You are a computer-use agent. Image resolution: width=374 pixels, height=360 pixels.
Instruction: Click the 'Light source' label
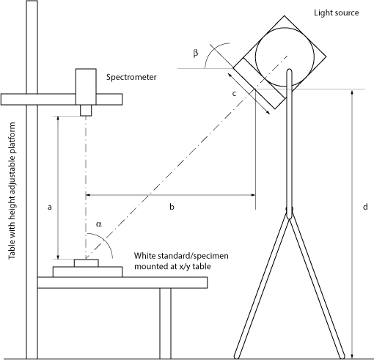[x=337, y=12]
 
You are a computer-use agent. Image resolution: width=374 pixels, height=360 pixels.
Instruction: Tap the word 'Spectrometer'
[x=131, y=77]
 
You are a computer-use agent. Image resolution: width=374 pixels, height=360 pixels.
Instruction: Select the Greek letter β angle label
[x=196, y=53]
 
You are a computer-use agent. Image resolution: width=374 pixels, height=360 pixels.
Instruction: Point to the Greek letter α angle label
[x=99, y=224]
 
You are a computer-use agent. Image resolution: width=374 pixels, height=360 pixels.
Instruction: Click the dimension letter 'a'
[x=50, y=207]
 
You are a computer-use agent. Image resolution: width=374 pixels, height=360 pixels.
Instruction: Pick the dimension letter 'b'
[x=172, y=207]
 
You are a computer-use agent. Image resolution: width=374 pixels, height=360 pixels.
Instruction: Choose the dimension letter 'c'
[x=234, y=94]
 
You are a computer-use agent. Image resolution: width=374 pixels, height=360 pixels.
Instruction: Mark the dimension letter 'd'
[x=365, y=207]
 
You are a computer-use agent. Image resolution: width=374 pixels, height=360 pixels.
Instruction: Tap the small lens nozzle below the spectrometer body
[x=86, y=110]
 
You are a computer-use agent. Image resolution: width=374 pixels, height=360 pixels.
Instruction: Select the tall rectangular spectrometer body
[x=86, y=87]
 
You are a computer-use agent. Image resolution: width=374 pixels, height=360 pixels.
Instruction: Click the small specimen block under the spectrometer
[x=87, y=263]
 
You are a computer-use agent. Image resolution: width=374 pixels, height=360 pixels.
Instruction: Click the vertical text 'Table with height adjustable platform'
[x=12, y=191]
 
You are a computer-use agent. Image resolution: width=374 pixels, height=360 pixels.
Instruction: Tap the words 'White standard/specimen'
[x=181, y=256]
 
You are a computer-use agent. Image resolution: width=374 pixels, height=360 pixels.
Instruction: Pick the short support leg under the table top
[x=166, y=323]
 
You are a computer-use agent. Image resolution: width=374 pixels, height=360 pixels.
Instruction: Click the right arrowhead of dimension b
[x=253, y=195]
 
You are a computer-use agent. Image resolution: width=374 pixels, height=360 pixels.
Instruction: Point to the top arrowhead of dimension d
[x=352, y=92]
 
